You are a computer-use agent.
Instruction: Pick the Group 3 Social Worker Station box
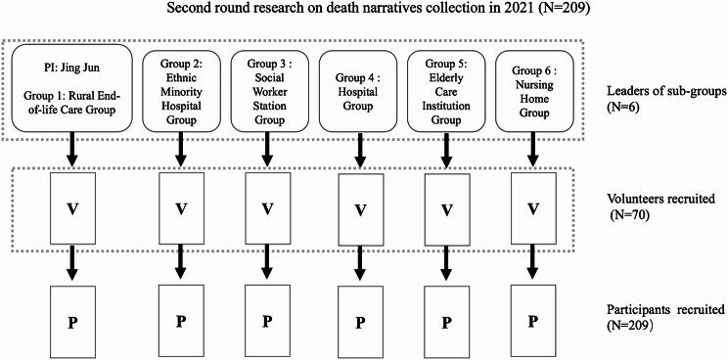pyautogui.click(x=264, y=87)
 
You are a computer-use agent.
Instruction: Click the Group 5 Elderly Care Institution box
pyautogui.click(x=448, y=87)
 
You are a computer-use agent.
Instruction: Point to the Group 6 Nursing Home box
pyautogui.click(x=531, y=87)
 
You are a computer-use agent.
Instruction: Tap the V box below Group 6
pyautogui.click(x=531, y=209)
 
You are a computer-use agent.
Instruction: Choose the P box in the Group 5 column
pyautogui.click(x=448, y=321)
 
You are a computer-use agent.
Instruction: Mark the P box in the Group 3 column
pyautogui.click(x=264, y=321)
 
